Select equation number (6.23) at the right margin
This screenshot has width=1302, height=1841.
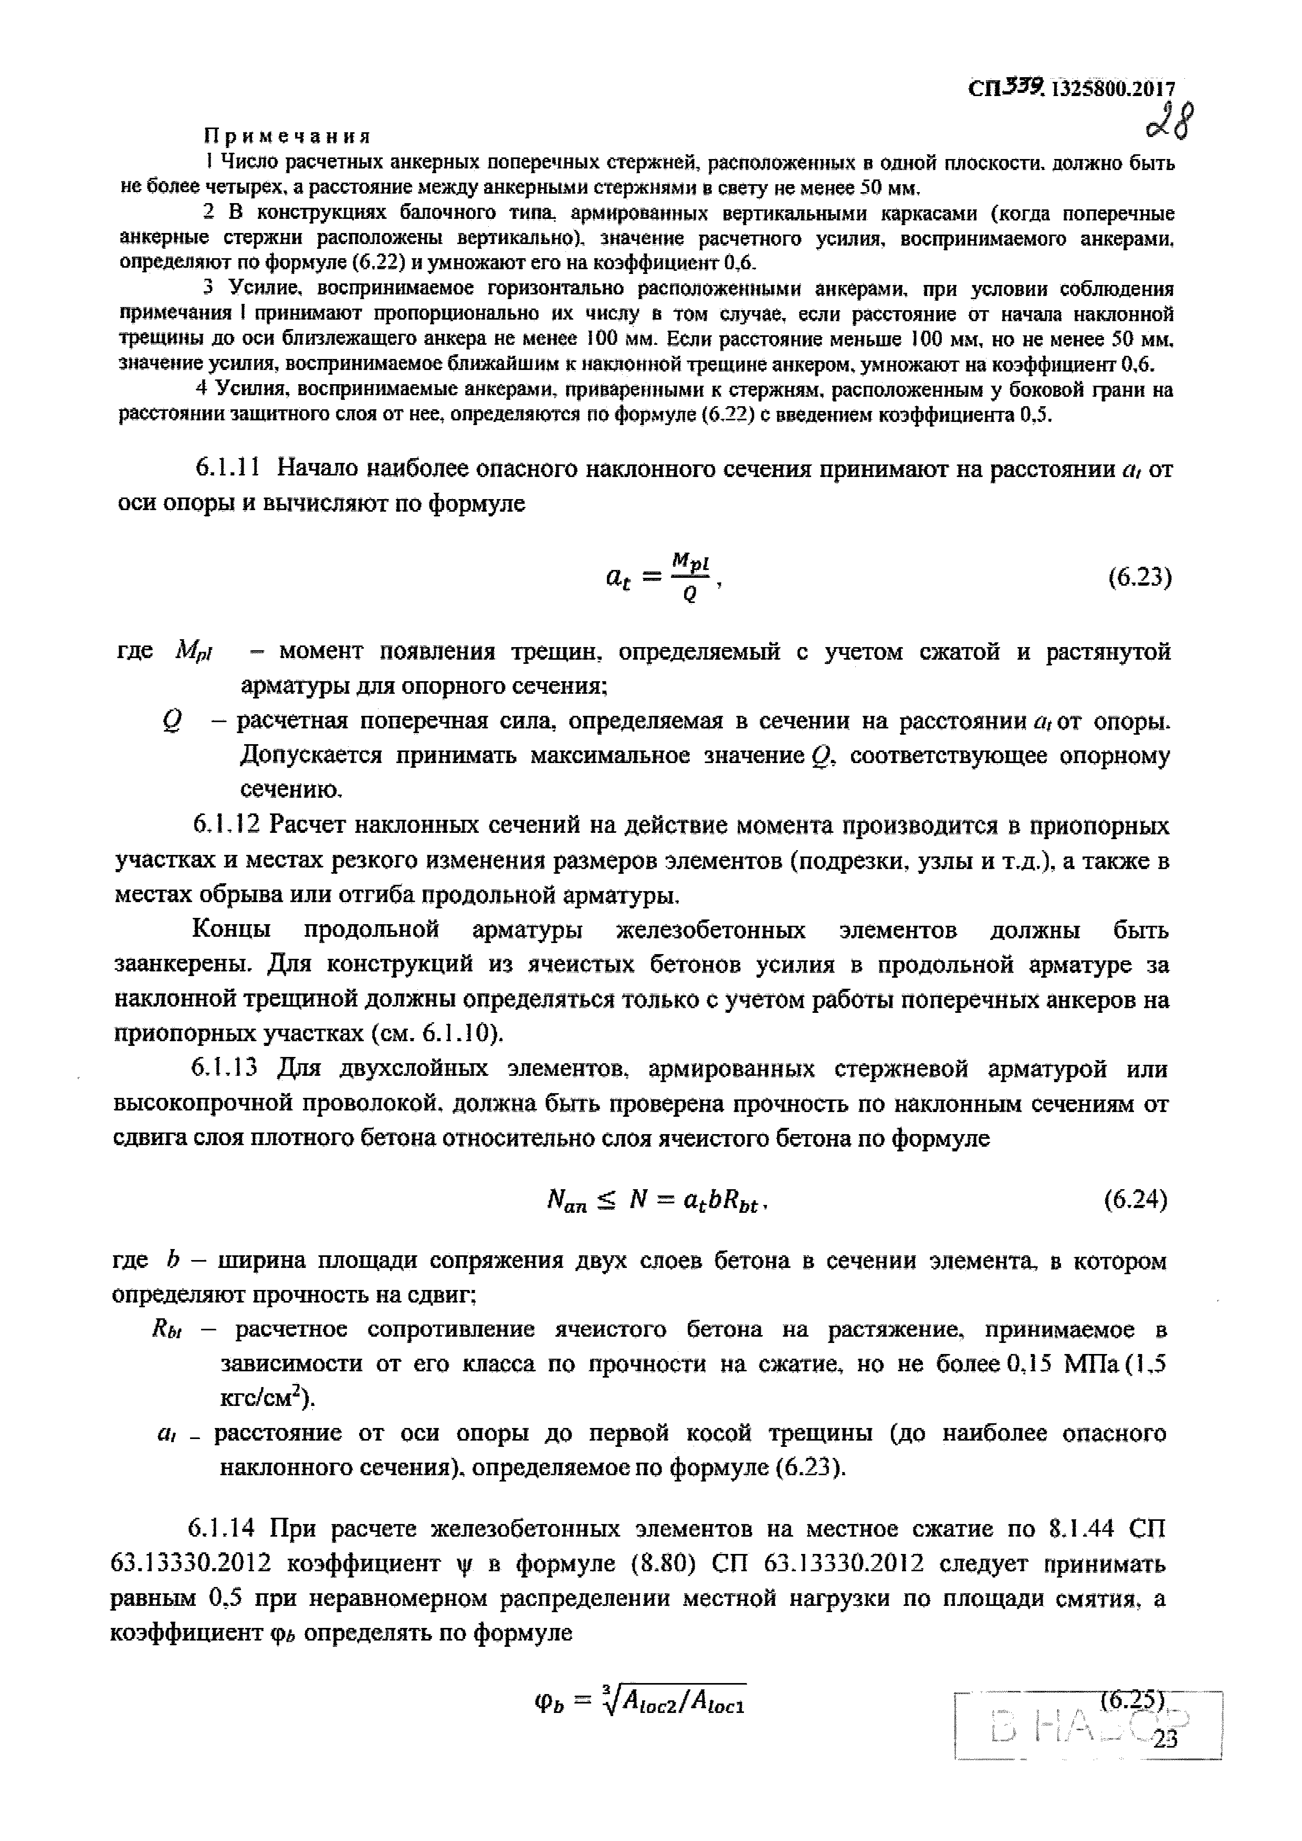point(1139,577)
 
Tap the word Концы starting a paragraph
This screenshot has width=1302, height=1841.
point(231,930)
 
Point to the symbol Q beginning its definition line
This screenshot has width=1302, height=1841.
point(170,722)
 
